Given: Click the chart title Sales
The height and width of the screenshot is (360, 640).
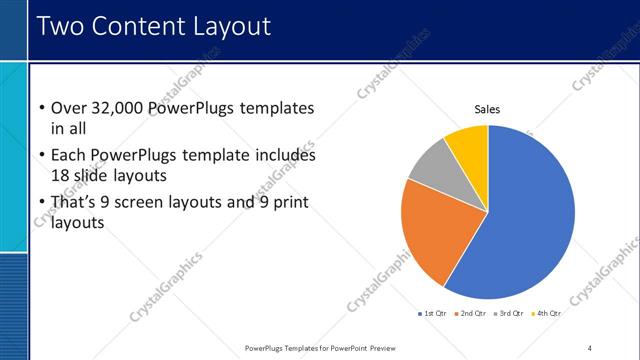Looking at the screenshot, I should [x=487, y=110].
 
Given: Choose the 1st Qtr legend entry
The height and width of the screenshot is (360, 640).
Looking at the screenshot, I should [x=433, y=313].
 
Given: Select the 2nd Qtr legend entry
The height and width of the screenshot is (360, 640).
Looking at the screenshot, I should [x=472, y=313].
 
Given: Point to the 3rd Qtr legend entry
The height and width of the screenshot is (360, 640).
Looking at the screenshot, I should [x=510, y=313].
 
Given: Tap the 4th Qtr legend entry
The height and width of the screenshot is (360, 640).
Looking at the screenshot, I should [x=547, y=313].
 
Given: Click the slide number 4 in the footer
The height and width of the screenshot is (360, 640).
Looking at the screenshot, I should [x=589, y=347].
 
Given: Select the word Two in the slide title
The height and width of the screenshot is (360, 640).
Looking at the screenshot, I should [x=62, y=26].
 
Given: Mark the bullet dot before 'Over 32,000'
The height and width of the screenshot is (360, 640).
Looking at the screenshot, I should [x=41, y=109].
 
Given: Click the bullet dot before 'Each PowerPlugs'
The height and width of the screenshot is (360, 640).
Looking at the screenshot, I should [x=41, y=157].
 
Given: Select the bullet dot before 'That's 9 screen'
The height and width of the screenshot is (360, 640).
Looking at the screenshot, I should [x=41, y=203].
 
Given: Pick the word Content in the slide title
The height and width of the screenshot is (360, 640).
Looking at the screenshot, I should [x=141, y=26].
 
